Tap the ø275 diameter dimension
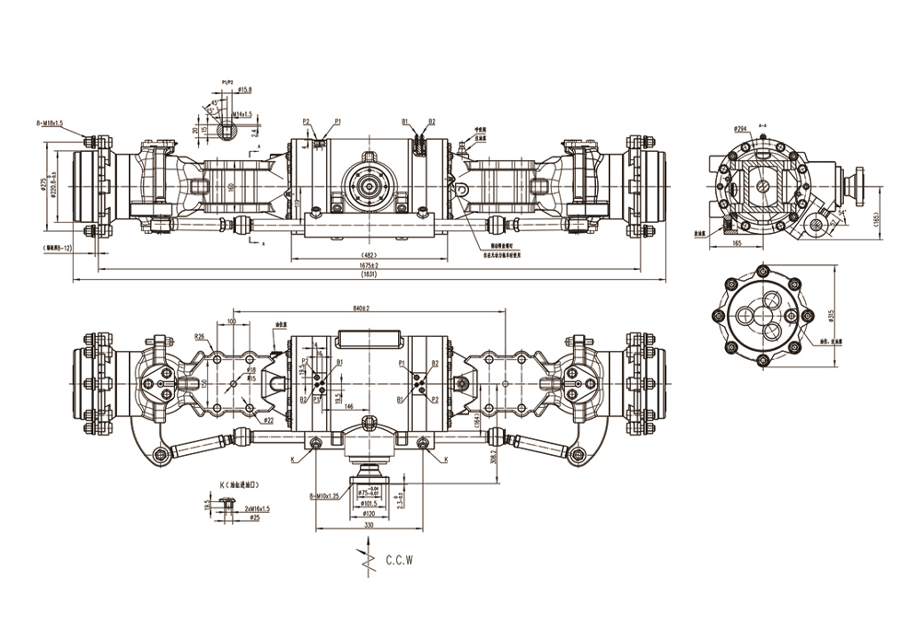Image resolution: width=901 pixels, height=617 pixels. click(x=43, y=184)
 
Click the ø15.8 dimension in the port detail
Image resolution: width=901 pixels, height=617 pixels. click(x=245, y=89)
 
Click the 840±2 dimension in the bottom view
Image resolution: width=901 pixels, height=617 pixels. click(x=360, y=309)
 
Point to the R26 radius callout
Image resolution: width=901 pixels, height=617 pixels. click(x=199, y=337)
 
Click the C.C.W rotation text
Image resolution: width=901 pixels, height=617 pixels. click(x=402, y=559)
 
